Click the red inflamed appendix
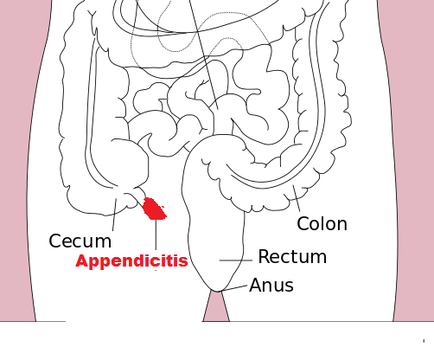[x=155, y=209]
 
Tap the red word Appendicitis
[x=131, y=261]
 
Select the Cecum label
[x=80, y=241]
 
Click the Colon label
[x=322, y=223]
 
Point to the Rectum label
[x=292, y=256]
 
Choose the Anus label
[x=271, y=286]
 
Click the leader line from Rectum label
[x=236, y=260]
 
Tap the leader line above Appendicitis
[x=156, y=235]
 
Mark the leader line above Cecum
[x=114, y=215]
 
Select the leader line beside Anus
[x=234, y=287]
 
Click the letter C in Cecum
[x=54, y=241]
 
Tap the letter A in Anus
[x=256, y=286]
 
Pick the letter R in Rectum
[x=265, y=256]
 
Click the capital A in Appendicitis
[x=82, y=260]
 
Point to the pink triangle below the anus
[x=216, y=308]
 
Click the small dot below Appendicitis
[x=156, y=271]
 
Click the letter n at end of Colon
[x=342, y=225]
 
